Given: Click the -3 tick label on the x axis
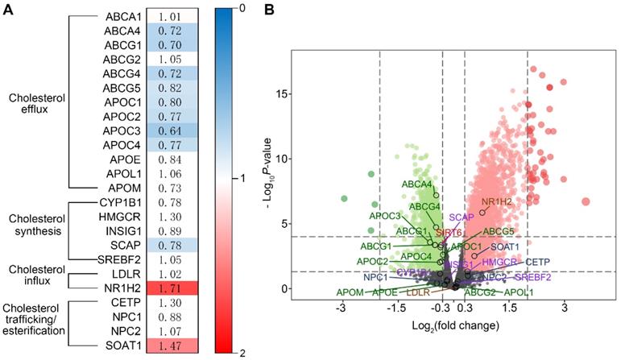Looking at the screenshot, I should coord(342,308).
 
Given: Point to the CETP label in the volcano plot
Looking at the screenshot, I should coord(537,262).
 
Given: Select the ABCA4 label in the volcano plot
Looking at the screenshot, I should coord(416,184).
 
